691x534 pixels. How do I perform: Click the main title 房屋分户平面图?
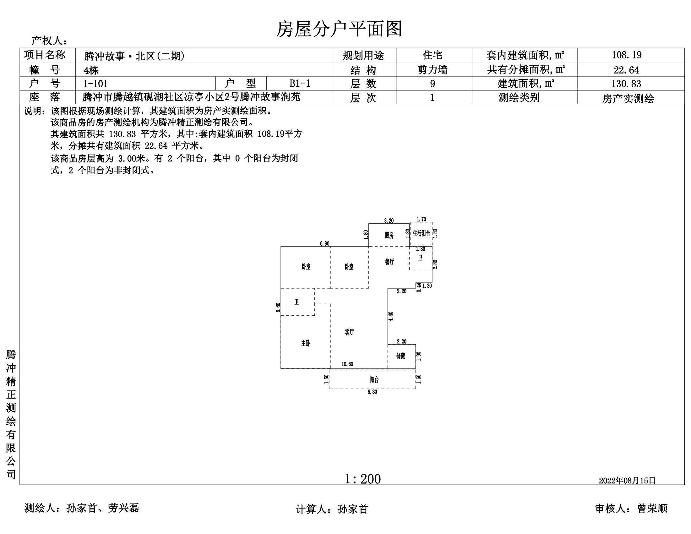pyautogui.click(x=339, y=29)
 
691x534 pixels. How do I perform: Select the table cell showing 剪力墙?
pyautogui.click(x=432, y=70)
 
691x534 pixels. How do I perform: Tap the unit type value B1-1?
pyautogui.click(x=300, y=84)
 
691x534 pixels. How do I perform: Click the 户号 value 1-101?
pyautogui.click(x=95, y=84)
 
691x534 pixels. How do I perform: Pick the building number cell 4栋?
pyautogui.click(x=91, y=70)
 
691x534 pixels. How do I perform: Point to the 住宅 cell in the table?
pyautogui.click(x=432, y=55)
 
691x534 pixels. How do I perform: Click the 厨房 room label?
pyautogui.click(x=389, y=235)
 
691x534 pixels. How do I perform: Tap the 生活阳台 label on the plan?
pyautogui.click(x=421, y=233)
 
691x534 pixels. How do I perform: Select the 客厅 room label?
pyautogui.click(x=349, y=332)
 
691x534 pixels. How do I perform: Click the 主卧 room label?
pyautogui.click(x=305, y=343)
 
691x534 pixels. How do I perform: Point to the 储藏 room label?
pyautogui.click(x=400, y=356)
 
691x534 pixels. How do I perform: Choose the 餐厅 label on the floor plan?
pyautogui.click(x=389, y=262)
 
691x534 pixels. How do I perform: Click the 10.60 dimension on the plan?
pyautogui.click(x=347, y=364)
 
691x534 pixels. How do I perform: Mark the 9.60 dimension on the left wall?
pyautogui.click(x=278, y=307)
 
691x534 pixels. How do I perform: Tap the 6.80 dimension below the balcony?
pyautogui.click(x=372, y=392)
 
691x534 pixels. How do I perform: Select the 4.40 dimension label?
pyautogui.click(x=391, y=316)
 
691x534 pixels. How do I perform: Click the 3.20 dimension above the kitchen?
pyautogui.click(x=389, y=221)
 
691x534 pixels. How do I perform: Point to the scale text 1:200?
pyautogui.click(x=362, y=479)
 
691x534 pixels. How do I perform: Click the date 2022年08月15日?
pyautogui.click(x=627, y=481)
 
